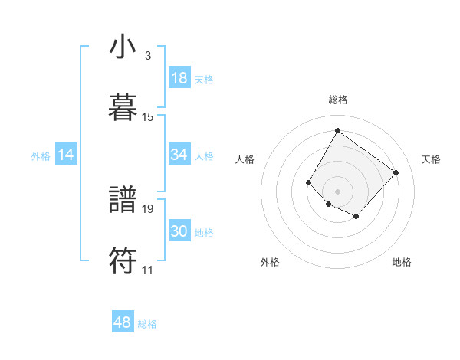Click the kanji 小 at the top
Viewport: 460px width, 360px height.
[123, 47]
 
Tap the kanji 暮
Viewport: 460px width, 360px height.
[123, 106]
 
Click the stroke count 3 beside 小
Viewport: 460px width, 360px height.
[148, 56]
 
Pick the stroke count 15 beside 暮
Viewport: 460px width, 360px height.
[148, 116]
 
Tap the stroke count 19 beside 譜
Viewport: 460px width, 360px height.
[148, 208]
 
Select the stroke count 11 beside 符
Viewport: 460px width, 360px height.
[148, 270]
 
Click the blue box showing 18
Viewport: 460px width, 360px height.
[179, 78]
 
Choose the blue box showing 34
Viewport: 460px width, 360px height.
[179, 155]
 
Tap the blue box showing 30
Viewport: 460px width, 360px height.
[179, 231]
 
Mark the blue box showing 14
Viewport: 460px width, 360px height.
[66, 155]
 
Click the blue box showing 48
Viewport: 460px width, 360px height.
[123, 322]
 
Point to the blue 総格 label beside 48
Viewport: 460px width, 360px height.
[147, 324]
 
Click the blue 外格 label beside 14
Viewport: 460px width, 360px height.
[41, 156]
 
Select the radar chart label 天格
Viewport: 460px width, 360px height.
[431, 159]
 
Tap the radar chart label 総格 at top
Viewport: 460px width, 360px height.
[338, 100]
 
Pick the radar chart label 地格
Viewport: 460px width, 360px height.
[402, 262]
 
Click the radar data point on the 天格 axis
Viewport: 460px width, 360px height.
[396, 172]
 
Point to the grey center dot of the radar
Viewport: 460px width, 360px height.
[338, 191]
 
